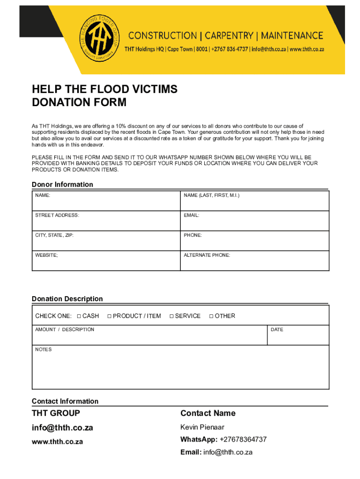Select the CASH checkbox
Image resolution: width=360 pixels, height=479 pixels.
click(79, 316)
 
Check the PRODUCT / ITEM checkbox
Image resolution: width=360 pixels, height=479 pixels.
click(109, 316)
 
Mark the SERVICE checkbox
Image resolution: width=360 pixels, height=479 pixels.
click(172, 316)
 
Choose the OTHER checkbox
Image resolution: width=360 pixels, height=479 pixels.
click(211, 316)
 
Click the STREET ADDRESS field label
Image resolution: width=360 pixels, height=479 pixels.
click(57, 215)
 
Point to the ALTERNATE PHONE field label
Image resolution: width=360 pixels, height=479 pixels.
click(207, 255)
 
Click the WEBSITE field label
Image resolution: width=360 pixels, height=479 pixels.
click(47, 255)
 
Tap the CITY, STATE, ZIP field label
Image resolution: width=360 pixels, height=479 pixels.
click(54, 235)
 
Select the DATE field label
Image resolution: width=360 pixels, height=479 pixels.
click(277, 330)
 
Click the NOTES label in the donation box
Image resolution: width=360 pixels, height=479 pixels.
click(43, 349)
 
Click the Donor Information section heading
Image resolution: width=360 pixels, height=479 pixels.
click(62, 184)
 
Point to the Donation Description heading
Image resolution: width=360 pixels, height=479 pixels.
click(67, 299)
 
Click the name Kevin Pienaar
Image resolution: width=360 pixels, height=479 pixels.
click(202, 427)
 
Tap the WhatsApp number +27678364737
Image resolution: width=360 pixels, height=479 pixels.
click(243, 440)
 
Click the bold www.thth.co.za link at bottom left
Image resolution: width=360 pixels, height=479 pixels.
click(57, 442)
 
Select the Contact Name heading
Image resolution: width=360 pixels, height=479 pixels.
click(208, 413)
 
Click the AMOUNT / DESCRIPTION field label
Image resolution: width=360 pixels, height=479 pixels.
click(65, 330)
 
